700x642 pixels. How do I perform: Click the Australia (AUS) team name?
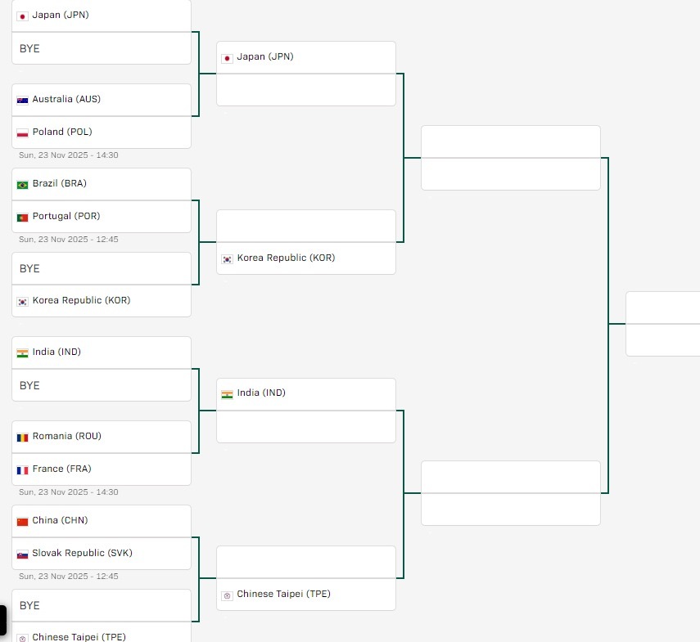[x=66, y=99]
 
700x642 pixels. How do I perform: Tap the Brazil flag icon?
[x=23, y=184]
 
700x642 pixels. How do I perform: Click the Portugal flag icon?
[x=23, y=217]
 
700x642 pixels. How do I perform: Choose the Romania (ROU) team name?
[x=67, y=436]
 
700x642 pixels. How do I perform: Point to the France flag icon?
[x=23, y=469]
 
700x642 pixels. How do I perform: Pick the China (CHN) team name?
[x=60, y=520]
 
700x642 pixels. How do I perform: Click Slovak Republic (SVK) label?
[x=82, y=553]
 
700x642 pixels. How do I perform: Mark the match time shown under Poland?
[x=69, y=155]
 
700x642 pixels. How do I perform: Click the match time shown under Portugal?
[x=69, y=240]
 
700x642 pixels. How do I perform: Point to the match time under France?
[x=69, y=492]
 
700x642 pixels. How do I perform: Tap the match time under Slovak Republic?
[x=69, y=577]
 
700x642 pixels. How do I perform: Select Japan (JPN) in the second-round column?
[x=265, y=56]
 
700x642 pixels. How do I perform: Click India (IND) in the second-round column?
[x=261, y=393]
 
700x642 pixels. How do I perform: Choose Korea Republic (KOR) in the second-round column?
[x=286, y=258]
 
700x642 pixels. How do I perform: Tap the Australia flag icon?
[x=23, y=100]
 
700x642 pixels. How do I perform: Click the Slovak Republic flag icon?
[x=23, y=554]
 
